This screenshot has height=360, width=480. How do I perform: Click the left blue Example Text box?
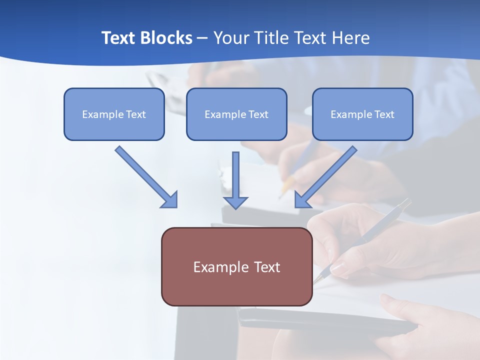pos(114,114)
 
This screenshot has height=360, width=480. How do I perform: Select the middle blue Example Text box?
pos(236,114)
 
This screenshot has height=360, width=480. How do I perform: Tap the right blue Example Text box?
pos(362,114)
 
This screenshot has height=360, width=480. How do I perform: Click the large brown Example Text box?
pos(236,266)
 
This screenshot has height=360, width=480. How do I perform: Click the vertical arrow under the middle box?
pos(235,177)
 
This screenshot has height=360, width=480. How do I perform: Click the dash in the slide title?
pos(202,38)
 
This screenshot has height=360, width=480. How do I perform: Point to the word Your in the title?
pos(230,38)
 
